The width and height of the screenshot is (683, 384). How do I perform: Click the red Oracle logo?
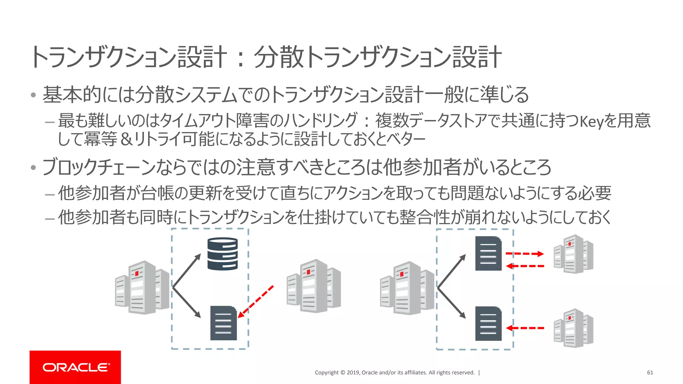75,367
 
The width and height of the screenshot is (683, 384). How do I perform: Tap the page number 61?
650,373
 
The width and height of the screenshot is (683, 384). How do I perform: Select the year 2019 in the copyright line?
353,373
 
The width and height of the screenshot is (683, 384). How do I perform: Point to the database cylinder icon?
222,253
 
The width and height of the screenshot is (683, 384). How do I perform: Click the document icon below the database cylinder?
223,323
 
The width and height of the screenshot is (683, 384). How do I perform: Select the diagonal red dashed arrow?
256,301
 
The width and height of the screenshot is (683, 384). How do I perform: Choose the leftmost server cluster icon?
142,287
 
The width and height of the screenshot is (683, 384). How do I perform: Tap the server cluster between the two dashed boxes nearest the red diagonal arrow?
313,286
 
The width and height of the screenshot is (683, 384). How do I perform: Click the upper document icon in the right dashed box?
488,253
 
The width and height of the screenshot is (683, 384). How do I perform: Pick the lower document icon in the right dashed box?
488,323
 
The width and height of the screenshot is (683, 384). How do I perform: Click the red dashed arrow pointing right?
525,254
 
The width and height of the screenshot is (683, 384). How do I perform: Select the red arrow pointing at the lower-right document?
525,328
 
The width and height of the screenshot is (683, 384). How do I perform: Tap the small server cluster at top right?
573,254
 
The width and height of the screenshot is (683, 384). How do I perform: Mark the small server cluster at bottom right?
573,328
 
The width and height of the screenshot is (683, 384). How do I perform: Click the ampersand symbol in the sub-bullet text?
126,139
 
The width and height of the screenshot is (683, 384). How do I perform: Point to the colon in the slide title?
240,58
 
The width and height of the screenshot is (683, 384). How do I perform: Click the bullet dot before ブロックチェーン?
33,167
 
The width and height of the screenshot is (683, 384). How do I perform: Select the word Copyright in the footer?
326,373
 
